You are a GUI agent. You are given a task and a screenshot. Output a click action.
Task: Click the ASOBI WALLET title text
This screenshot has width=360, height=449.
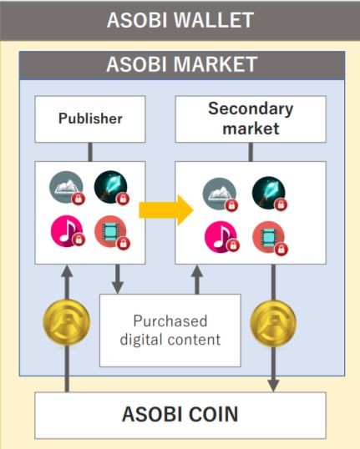[180, 20]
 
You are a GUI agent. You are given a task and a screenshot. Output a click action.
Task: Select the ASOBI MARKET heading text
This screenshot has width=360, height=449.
[182, 64]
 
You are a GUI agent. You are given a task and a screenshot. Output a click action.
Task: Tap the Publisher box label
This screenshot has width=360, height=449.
[90, 119]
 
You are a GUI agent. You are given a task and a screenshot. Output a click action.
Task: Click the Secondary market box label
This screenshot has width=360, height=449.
[251, 119]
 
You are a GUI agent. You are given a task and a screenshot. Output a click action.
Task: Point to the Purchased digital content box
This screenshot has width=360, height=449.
[170, 330]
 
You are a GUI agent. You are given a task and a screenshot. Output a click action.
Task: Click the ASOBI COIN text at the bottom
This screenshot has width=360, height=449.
[180, 414]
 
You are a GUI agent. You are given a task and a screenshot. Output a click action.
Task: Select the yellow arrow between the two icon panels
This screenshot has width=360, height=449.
[166, 210]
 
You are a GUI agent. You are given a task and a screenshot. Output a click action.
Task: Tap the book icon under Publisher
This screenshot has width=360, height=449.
[67, 188]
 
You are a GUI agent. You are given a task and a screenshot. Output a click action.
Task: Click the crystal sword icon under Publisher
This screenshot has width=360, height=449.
[111, 188]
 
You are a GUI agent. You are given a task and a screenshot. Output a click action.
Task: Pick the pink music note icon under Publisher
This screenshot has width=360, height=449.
[67, 231]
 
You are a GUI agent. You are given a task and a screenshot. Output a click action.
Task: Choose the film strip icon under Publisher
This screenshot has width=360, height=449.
[111, 232]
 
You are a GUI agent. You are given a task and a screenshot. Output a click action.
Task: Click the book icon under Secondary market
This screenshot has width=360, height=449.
[220, 194]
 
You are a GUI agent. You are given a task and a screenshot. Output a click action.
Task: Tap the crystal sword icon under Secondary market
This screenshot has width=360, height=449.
[270, 194]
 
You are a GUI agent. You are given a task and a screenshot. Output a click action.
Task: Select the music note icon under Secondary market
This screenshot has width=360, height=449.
[221, 237]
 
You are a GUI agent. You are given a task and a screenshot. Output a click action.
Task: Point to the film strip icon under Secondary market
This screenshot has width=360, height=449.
[270, 237]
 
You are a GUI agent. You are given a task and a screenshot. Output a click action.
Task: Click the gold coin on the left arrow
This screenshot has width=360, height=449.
[66, 322]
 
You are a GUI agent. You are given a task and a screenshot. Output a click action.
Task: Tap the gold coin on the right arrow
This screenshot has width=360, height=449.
[273, 323]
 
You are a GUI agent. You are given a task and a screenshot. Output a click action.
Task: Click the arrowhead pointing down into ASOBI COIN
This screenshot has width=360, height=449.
[273, 386]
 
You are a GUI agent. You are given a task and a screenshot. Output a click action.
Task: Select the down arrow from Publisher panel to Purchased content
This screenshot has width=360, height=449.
[118, 280]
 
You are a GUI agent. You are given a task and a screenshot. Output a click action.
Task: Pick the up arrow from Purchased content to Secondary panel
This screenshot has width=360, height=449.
[197, 280]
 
